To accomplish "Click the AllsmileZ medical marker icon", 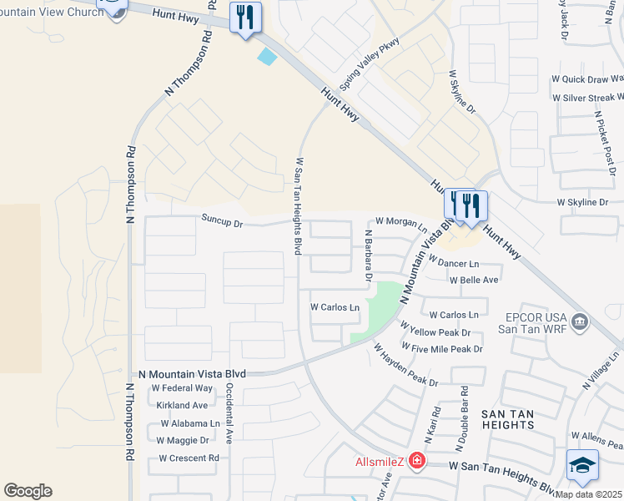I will click(415, 462).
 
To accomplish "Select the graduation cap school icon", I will click(582, 466).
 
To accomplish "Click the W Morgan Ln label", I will click(401, 221).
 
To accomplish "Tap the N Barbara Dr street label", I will click(368, 254).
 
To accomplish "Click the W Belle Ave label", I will click(474, 280).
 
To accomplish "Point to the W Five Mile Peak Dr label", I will click(441, 347).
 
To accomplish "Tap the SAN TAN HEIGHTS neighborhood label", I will click(508, 418).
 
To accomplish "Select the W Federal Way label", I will click(182, 388).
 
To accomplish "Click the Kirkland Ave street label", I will click(182, 406).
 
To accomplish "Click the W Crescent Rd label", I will click(189, 458).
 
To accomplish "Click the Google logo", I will click(28, 491).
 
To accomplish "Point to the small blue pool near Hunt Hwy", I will click(268, 57).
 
